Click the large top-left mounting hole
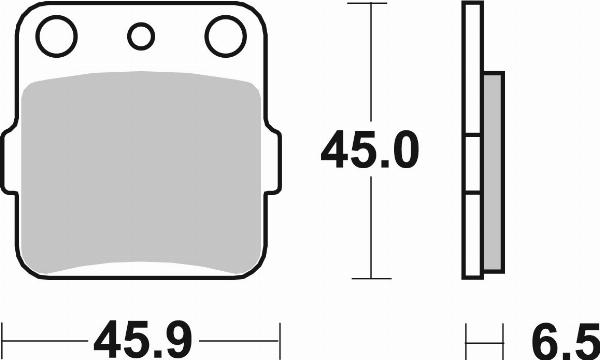[57, 38]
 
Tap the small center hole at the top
[141, 38]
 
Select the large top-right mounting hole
[225, 38]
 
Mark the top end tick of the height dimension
[371, 5]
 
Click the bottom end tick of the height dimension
[371, 278]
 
